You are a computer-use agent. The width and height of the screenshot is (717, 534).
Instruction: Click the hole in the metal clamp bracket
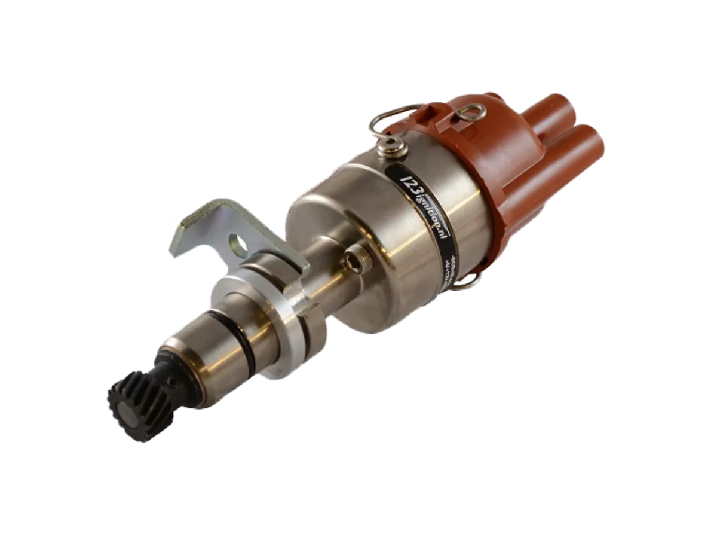click(x=238, y=243)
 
